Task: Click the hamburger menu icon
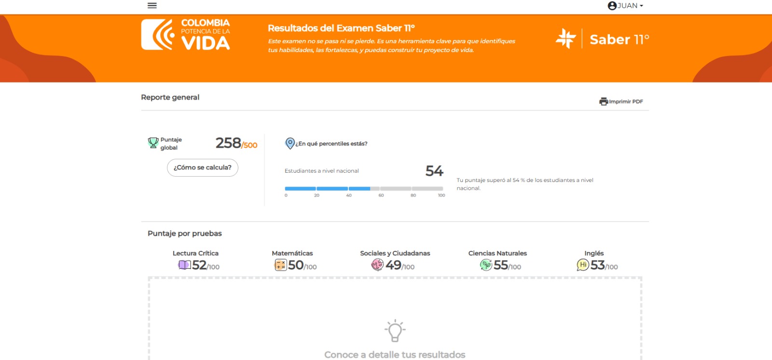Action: point(152,5)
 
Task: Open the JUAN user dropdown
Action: point(625,5)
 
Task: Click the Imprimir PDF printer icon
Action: point(604,101)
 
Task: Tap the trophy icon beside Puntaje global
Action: point(153,143)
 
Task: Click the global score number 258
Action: point(228,143)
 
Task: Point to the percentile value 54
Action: point(434,171)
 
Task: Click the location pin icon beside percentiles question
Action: point(290,143)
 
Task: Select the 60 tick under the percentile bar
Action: point(381,195)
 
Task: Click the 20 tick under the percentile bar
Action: point(317,195)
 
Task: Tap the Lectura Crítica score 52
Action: point(199,265)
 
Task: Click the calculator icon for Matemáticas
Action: point(280,265)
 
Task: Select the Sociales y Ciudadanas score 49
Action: point(393,265)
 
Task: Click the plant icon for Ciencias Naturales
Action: point(486,265)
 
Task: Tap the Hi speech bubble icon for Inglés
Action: point(583,265)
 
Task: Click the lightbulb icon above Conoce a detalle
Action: point(395,331)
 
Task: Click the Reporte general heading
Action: point(170,97)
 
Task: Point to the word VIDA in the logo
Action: point(206,43)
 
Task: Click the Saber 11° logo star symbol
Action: point(565,39)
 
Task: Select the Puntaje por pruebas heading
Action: point(185,234)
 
